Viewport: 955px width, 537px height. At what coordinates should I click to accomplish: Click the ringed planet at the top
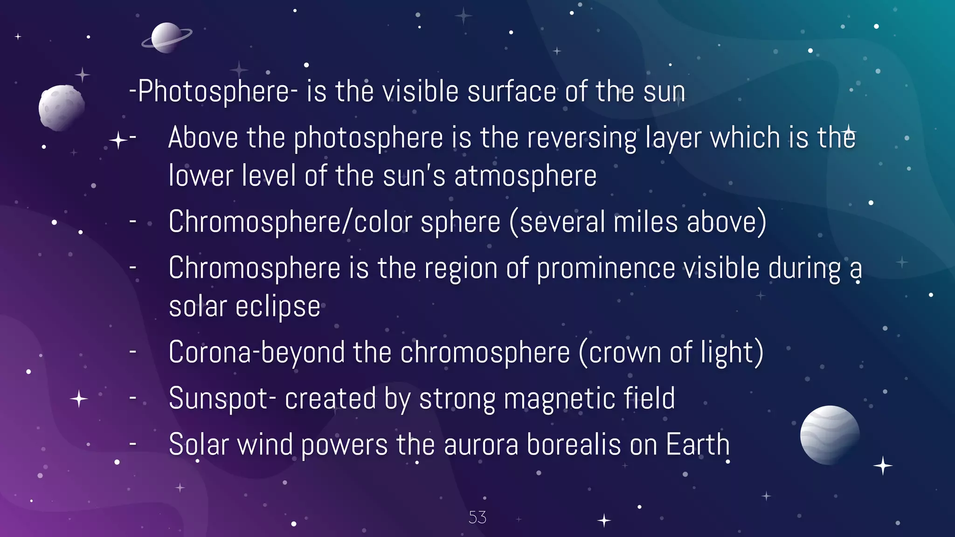click(x=166, y=37)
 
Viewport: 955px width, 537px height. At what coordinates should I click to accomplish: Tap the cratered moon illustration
click(x=61, y=107)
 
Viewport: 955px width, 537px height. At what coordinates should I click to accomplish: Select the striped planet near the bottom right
click(x=830, y=434)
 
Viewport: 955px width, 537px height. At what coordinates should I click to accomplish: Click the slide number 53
click(x=477, y=517)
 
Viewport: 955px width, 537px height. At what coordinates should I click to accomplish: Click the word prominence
click(x=606, y=268)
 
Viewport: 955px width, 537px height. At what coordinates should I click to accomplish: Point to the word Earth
click(x=698, y=444)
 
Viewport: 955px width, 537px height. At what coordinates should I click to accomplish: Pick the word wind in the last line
click(x=265, y=444)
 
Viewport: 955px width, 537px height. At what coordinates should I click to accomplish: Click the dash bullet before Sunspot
click(x=133, y=398)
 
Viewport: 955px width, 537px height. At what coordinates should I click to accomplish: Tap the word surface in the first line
click(x=512, y=91)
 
